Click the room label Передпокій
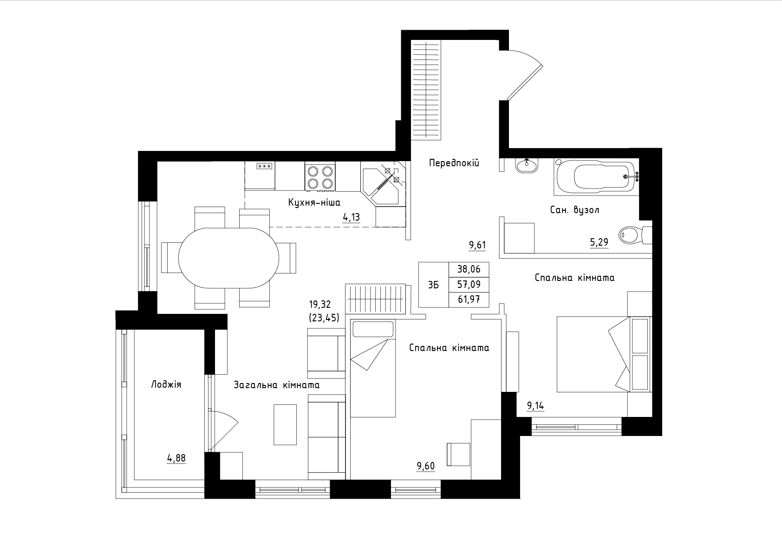[x=454, y=163]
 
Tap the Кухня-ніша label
[x=314, y=202]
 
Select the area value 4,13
[x=351, y=217]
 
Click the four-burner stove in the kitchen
[x=320, y=177]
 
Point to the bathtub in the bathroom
[x=596, y=177]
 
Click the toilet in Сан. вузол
[x=635, y=235]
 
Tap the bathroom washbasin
[x=527, y=165]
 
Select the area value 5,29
[x=599, y=242]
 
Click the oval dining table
[x=228, y=258]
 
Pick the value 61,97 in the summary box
[x=469, y=299]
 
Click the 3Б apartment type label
[x=433, y=285]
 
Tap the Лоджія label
[x=166, y=384]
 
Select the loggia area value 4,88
[x=176, y=458]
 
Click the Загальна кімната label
[x=276, y=385]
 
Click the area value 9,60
[x=425, y=466]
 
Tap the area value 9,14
[x=535, y=406]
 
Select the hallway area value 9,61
[x=477, y=245]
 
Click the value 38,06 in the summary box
[x=469, y=269]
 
